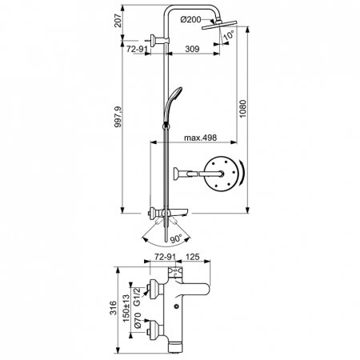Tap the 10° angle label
click(x=230, y=37)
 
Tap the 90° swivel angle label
click(x=174, y=238)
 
